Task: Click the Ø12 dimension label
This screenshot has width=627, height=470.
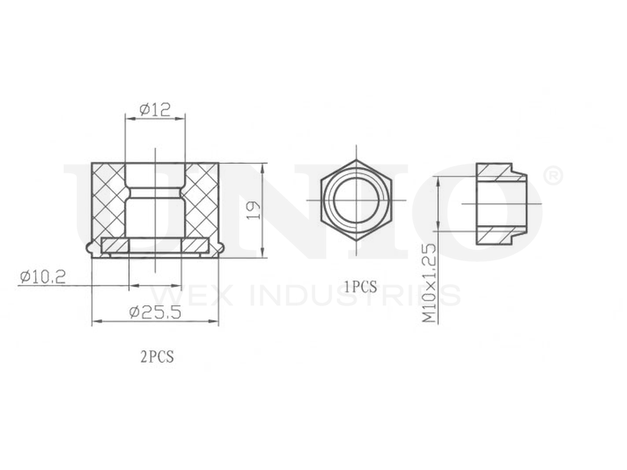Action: [x=155, y=110]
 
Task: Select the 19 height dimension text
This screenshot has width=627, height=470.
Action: [x=253, y=210]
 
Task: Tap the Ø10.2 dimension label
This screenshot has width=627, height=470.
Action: [x=43, y=276]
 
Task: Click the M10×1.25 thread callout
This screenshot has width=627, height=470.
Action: [x=428, y=283]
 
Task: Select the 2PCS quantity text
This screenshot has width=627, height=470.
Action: [x=156, y=357]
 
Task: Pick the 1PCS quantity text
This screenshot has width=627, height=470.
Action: [x=360, y=287]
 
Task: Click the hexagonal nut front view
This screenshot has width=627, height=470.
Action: [x=326, y=201]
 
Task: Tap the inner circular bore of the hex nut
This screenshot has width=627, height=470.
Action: [x=356, y=201]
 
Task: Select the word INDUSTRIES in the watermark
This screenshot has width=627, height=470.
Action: [x=355, y=295]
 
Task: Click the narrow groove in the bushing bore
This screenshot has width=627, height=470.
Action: [x=155, y=187]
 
